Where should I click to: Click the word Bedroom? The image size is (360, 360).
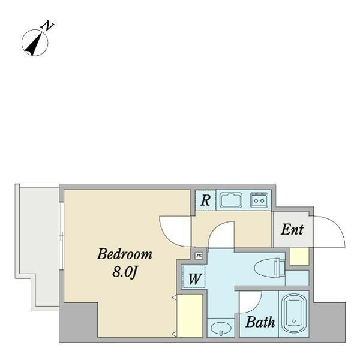[x=124, y=254]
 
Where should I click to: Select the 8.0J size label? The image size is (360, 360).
[x=125, y=272]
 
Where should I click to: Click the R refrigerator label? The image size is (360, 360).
[x=205, y=200]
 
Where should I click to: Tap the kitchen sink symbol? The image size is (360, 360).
[x=231, y=200]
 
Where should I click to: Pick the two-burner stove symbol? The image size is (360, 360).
[x=259, y=200]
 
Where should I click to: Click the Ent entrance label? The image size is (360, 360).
[x=292, y=229]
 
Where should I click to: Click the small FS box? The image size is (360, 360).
[x=199, y=256]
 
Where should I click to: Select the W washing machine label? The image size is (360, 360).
[x=194, y=279]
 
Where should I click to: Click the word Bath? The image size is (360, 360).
[x=260, y=322]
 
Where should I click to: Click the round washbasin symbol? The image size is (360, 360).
[x=221, y=328]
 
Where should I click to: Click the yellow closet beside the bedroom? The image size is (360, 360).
[x=190, y=316]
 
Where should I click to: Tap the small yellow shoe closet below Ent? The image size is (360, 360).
[x=299, y=257]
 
